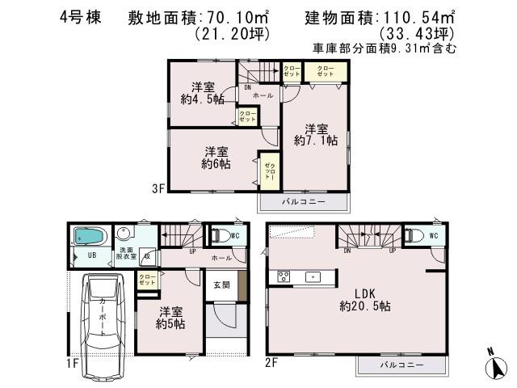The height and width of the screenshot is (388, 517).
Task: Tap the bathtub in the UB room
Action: coord(87,236)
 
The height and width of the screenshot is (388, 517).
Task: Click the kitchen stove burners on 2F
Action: coord(284,276)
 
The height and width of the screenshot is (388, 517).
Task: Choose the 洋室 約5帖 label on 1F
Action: coord(170,317)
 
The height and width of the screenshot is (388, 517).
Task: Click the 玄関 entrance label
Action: coord(221,285)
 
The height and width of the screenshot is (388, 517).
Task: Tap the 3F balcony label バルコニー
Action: coord(303,200)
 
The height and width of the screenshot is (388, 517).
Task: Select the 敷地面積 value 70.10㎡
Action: coord(240,18)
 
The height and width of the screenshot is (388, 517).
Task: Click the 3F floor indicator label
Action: coord(158,190)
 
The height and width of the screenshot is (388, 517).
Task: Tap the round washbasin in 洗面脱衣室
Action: coord(124,231)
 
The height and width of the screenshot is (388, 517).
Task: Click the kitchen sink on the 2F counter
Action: coord(311,276)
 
